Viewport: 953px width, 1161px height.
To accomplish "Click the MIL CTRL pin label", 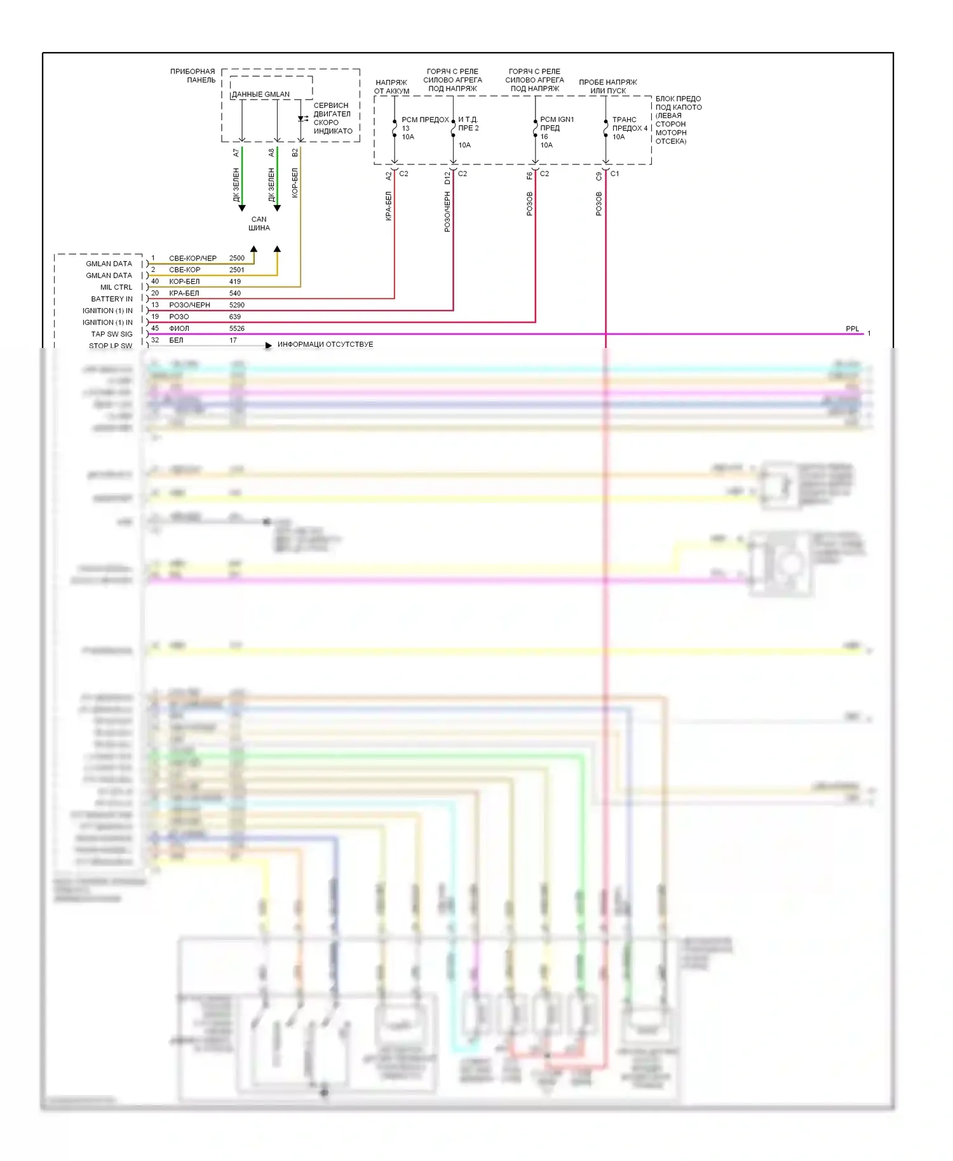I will coord(116,287).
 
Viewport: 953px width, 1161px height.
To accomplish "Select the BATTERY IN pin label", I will coord(112,299).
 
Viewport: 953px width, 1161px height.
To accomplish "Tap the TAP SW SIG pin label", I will coord(112,334).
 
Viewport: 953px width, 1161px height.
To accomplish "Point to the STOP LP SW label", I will coord(111,346).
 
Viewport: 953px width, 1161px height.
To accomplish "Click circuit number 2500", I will coord(237,258).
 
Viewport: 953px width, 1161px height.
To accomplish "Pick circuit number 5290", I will coord(237,305).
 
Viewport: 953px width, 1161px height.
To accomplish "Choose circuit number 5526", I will coord(237,329).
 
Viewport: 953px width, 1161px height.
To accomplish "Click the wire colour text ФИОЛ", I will coord(179,329).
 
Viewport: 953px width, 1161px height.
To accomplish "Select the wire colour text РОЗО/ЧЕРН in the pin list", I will coord(189,305).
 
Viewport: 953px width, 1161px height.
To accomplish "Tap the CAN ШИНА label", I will coord(259,224).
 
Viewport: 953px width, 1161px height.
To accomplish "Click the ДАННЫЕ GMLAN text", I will coord(260,95).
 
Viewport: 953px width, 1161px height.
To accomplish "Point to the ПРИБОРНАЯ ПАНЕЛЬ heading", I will coord(193,76).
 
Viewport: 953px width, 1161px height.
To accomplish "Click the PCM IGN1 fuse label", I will coord(557,120).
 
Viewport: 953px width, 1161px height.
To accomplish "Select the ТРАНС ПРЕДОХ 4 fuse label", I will coord(630,124).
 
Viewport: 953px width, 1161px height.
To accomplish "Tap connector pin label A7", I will coord(236,153).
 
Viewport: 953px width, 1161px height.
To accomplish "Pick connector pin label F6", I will coord(529,175).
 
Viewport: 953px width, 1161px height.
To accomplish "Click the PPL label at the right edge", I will coord(852,329).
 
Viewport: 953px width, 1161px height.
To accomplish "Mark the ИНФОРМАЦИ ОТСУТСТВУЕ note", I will coord(325,345).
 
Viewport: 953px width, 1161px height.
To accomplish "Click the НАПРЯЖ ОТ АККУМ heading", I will coord(391,87).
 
